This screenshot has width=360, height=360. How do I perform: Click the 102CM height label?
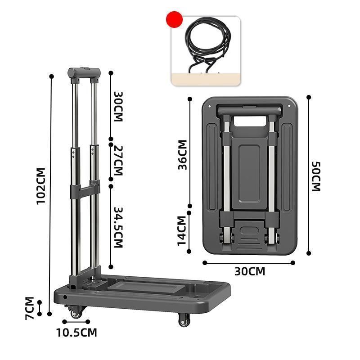(x=41, y=186)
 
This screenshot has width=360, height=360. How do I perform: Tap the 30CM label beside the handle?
(x=118, y=107)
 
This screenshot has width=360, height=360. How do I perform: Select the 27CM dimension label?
(x=118, y=161)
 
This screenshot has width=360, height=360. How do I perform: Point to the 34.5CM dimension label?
(x=118, y=228)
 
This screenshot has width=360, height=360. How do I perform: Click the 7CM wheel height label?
(x=30, y=308)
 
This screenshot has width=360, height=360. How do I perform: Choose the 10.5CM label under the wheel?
(x=76, y=333)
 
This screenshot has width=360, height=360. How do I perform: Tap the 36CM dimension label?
(x=183, y=155)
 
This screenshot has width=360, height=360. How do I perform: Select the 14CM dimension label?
(x=182, y=231)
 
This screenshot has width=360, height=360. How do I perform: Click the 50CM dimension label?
(x=316, y=176)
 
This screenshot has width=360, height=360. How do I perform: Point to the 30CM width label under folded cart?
(x=250, y=271)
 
